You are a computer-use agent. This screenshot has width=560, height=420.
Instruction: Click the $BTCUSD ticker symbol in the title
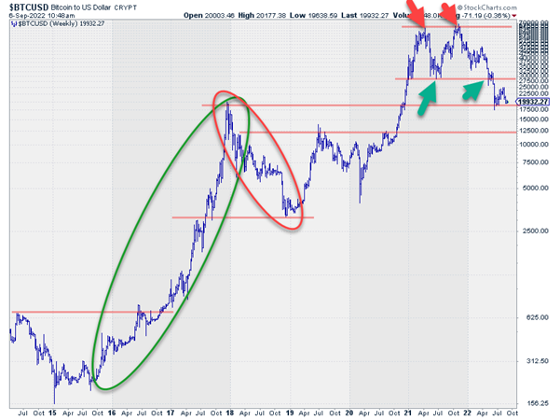point(29,6)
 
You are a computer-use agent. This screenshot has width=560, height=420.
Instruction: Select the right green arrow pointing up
point(476,89)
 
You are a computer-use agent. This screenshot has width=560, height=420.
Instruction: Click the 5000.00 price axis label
point(534,188)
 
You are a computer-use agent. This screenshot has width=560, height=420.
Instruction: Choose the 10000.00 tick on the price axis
point(535,145)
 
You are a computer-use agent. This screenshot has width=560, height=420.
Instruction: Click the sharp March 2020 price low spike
point(360,200)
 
